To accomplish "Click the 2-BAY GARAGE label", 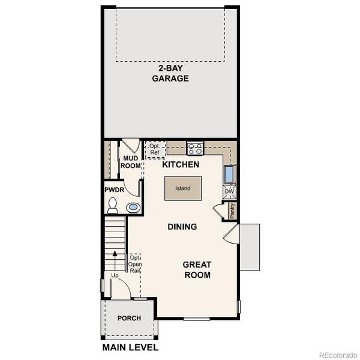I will (x=170, y=74).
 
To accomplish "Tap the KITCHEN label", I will (x=181, y=164).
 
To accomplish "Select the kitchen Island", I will (x=182, y=188).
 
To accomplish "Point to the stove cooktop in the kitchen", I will (x=195, y=148).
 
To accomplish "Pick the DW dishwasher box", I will (x=229, y=192).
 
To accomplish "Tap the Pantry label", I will (x=232, y=211).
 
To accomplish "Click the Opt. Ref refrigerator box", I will (x=155, y=149).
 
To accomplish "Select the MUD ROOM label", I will (x=130, y=162).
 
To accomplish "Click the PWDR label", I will (x=114, y=189).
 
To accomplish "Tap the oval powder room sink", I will (x=133, y=208).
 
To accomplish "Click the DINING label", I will (x=182, y=227).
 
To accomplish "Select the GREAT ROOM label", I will (x=197, y=269).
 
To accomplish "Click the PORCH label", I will (x=129, y=318).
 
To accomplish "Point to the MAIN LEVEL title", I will (x=130, y=347).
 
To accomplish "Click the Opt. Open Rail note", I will (x=135, y=264).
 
